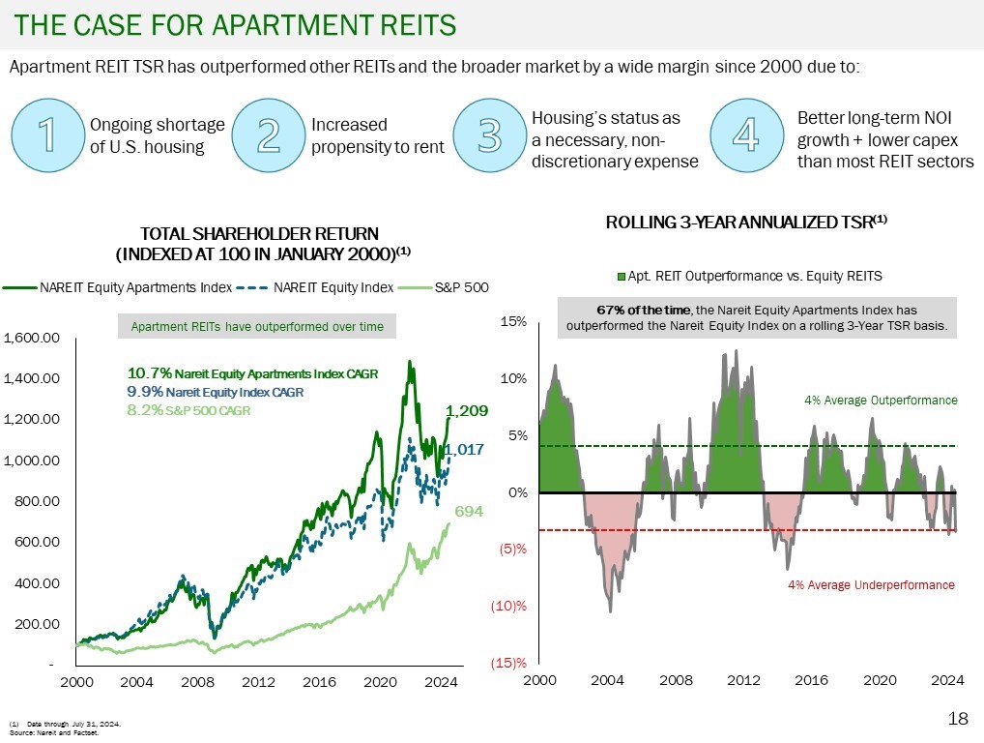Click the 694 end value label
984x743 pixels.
[469, 510]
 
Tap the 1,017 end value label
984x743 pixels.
[464, 449]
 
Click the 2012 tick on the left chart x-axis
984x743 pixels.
[259, 681]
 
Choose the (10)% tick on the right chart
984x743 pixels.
[512, 607]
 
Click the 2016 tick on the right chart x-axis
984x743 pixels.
[812, 681]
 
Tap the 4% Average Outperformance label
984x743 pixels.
[881, 400]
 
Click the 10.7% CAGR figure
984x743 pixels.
[149, 372]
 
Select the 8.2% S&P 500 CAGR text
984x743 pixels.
[188, 410]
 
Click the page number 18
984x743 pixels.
[958, 719]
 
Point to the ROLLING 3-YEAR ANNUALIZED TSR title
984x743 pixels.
[746, 223]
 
